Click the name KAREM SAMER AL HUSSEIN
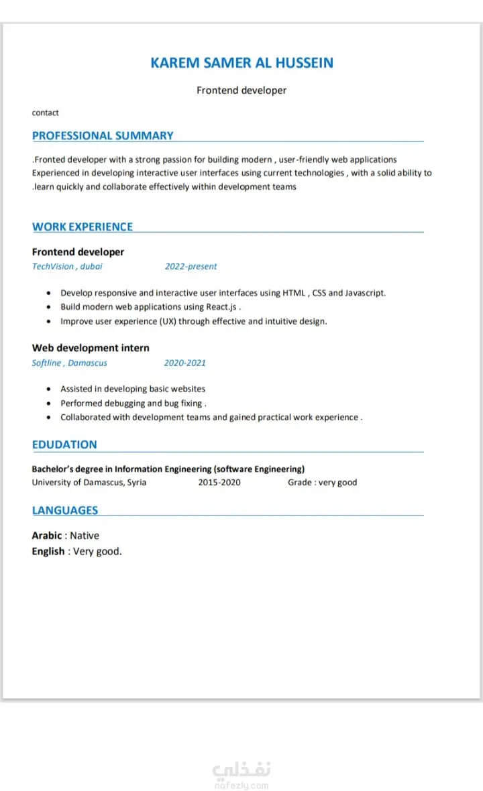pyautogui.click(x=241, y=63)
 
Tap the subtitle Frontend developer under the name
pyautogui.click(x=241, y=90)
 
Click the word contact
pyautogui.click(x=46, y=113)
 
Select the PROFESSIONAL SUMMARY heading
pyautogui.click(x=103, y=135)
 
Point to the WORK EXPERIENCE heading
pyautogui.click(x=83, y=227)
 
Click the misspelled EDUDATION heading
pyautogui.click(x=64, y=444)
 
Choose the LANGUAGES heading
pyautogui.click(x=65, y=510)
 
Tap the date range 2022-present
pyautogui.click(x=191, y=266)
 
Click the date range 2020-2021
pyautogui.click(x=184, y=363)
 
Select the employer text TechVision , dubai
pyautogui.click(x=67, y=266)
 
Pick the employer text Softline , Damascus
pyautogui.click(x=69, y=363)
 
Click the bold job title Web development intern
pyautogui.click(x=91, y=348)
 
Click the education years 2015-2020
pyautogui.click(x=219, y=482)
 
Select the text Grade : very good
pyautogui.click(x=322, y=482)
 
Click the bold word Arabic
pyautogui.click(x=47, y=536)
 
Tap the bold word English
pyautogui.click(x=48, y=552)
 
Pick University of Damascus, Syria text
pyautogui.click(x=89, y=482)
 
